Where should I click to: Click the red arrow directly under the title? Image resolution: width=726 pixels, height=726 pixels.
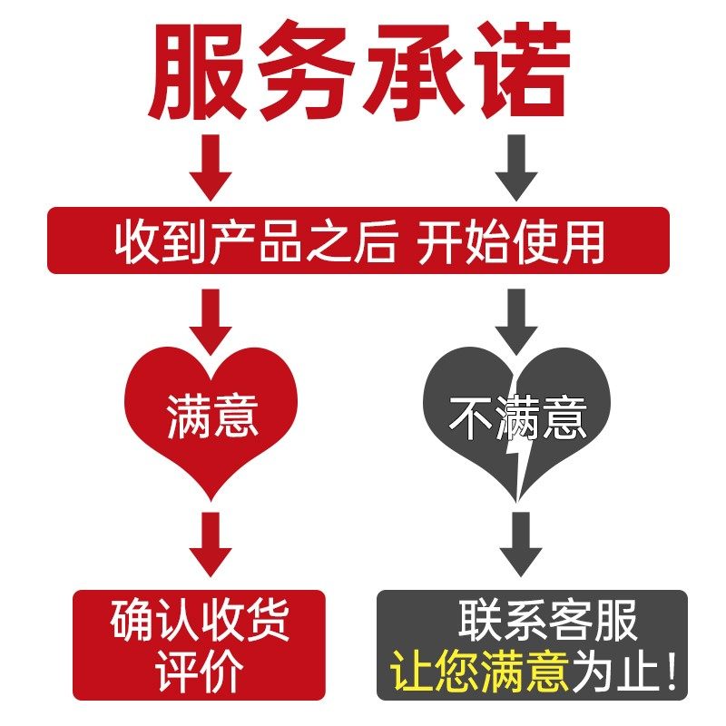tap(210, 168)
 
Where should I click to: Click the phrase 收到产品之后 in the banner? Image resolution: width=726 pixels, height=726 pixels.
tap(257, 242)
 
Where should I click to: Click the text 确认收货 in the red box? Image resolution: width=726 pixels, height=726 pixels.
tap(200, 622)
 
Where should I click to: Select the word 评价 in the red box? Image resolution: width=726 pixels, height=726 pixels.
tap(200, 672)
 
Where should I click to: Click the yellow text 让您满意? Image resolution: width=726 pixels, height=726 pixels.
tap(480, 672)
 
